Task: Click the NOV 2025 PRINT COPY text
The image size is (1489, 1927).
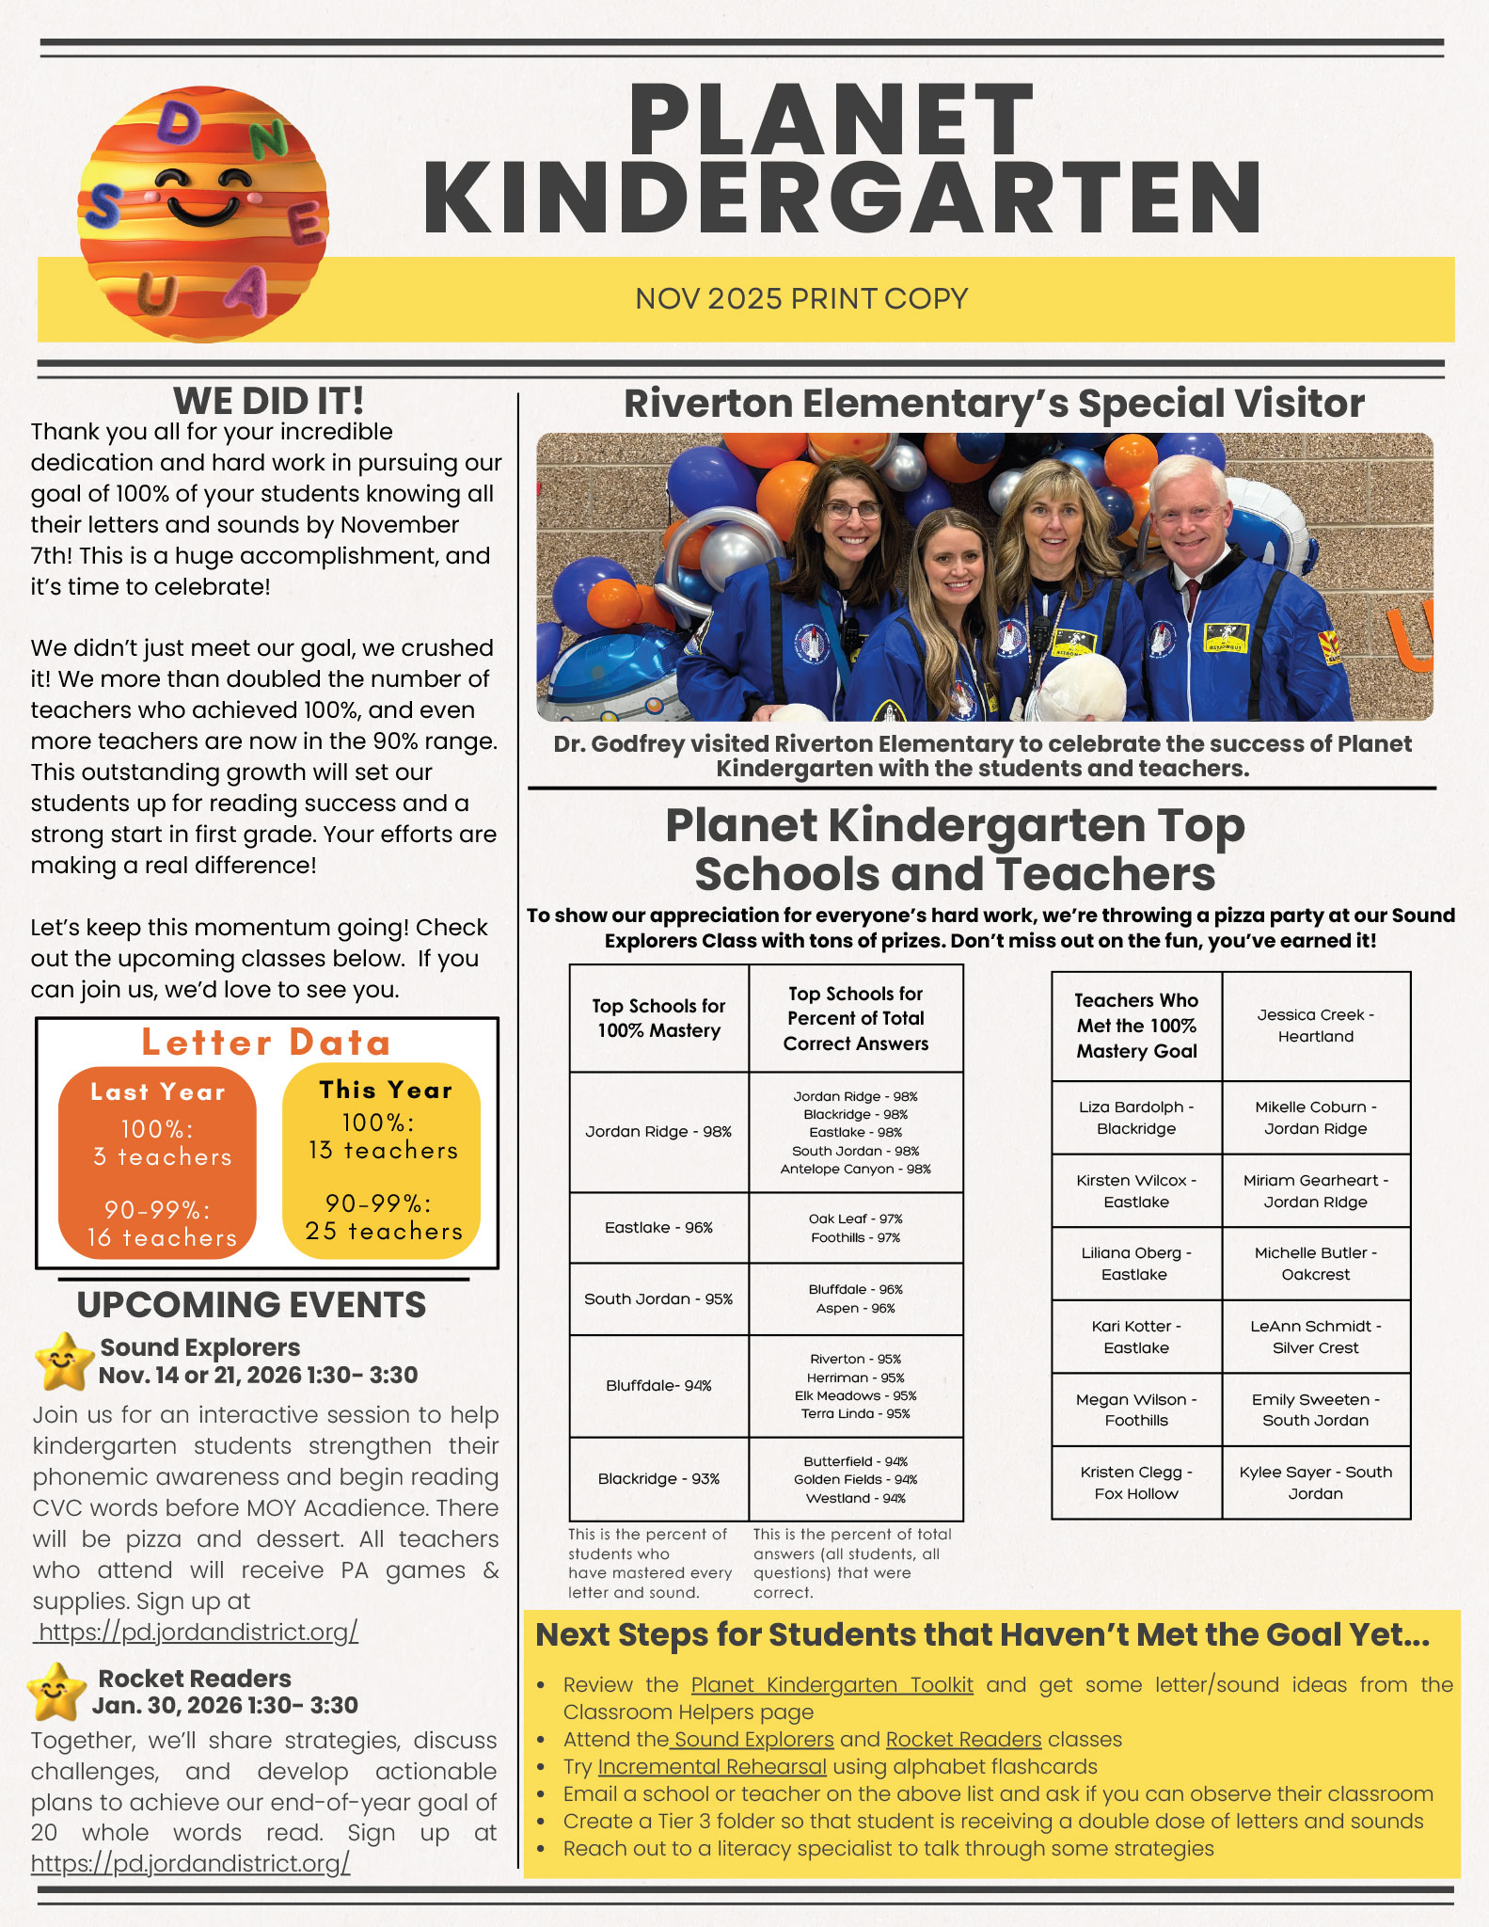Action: (801, 298)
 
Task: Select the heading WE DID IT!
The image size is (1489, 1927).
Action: (268, 401)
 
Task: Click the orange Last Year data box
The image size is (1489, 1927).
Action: (158, 1163)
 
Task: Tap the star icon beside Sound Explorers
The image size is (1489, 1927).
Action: (64, 1362)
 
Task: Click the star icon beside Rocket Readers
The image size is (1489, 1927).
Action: (55, 1692)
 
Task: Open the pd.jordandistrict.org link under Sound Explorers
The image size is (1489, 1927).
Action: (196, 1632)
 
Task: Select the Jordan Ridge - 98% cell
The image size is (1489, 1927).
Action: (658, 1132)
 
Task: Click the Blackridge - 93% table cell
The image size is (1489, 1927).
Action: (658, 1479)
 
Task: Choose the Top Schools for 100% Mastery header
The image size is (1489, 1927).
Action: (658, 1018)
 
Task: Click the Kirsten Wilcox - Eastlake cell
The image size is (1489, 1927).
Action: (1136, 1191)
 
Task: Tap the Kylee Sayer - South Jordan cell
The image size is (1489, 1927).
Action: (1315, 1483)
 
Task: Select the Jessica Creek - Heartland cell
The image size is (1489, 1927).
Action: (1315, 1026)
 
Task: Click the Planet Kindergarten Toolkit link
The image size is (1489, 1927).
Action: (832, 1684)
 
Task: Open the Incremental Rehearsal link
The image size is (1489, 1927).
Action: (712, 1767)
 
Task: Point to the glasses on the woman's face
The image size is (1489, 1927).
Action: (852, 511)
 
